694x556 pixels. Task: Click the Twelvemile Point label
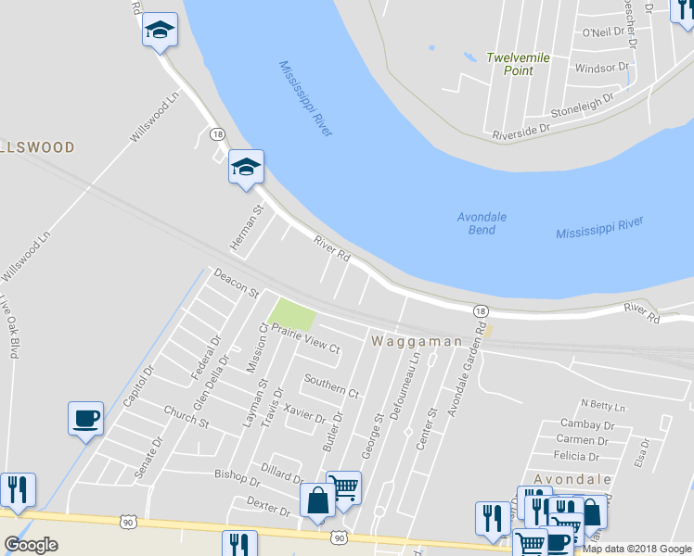pos(519,64)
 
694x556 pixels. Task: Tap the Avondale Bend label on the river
pos(482,223)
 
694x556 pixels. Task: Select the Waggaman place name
pos(417,342)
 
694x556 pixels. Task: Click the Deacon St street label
pos(236,283)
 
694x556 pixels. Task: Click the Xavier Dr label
pos(305,412)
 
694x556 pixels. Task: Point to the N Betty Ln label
pos(603,406)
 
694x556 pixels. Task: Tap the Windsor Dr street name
pos(601,69)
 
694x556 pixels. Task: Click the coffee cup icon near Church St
pos(85,418)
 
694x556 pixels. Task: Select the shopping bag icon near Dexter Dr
pos(317,500)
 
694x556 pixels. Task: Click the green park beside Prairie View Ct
pos(291,314)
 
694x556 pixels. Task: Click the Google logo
pos(32,545)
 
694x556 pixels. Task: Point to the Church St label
pos(186,416)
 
